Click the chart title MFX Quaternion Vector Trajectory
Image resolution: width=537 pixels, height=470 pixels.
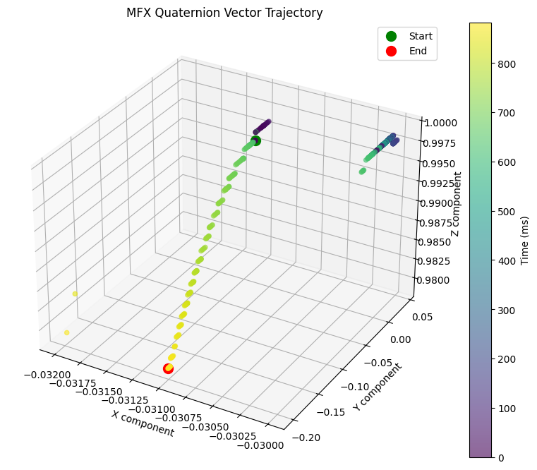pos(224,13)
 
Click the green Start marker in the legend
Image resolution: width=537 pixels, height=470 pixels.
pos(392,36)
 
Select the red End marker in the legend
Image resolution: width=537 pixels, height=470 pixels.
pos(392,51)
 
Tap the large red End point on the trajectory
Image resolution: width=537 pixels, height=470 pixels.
pos(168,368)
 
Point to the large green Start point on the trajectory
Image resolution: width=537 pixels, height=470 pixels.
pos(255,140)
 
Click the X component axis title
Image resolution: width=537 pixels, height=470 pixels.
pos(142,423)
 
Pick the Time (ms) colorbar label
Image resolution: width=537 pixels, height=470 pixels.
pos(524,239)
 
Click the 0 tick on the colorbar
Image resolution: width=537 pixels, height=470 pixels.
pos(500,458)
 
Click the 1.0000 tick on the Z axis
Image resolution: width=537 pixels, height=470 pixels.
pos(441,122)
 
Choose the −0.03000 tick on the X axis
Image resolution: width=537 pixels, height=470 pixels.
pos(260,445)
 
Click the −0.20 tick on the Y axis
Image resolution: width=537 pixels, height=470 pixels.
pos(310,437)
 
